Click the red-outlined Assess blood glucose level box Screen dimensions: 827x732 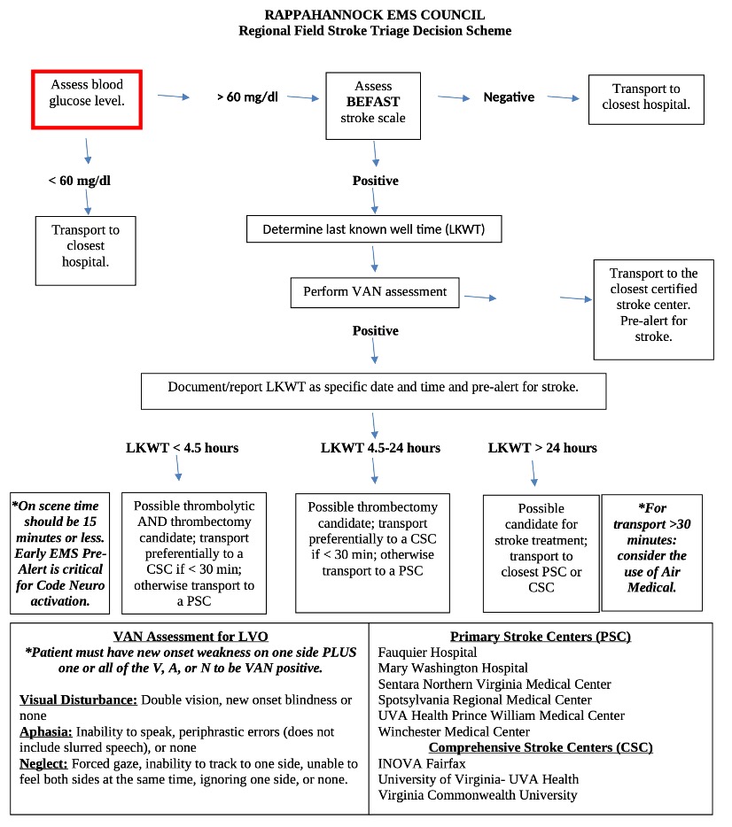(x=87, y=100)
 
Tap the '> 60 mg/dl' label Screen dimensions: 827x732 (x=247, y=97)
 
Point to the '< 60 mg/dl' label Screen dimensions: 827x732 (x=79, y=182)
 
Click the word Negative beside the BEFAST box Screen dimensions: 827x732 (x=509, y=97)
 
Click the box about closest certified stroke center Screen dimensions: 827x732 (x=652, y=305)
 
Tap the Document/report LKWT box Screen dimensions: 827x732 (x=373, y=389)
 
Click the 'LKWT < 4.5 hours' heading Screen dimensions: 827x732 (x=182, y=448)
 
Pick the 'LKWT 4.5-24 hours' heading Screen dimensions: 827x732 (x=380, y=448)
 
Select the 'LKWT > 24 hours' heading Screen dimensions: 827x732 (x=542, y=448)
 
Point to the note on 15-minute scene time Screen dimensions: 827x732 (x=59, y=553)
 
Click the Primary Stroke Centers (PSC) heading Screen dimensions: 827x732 (x=540, y=637)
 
